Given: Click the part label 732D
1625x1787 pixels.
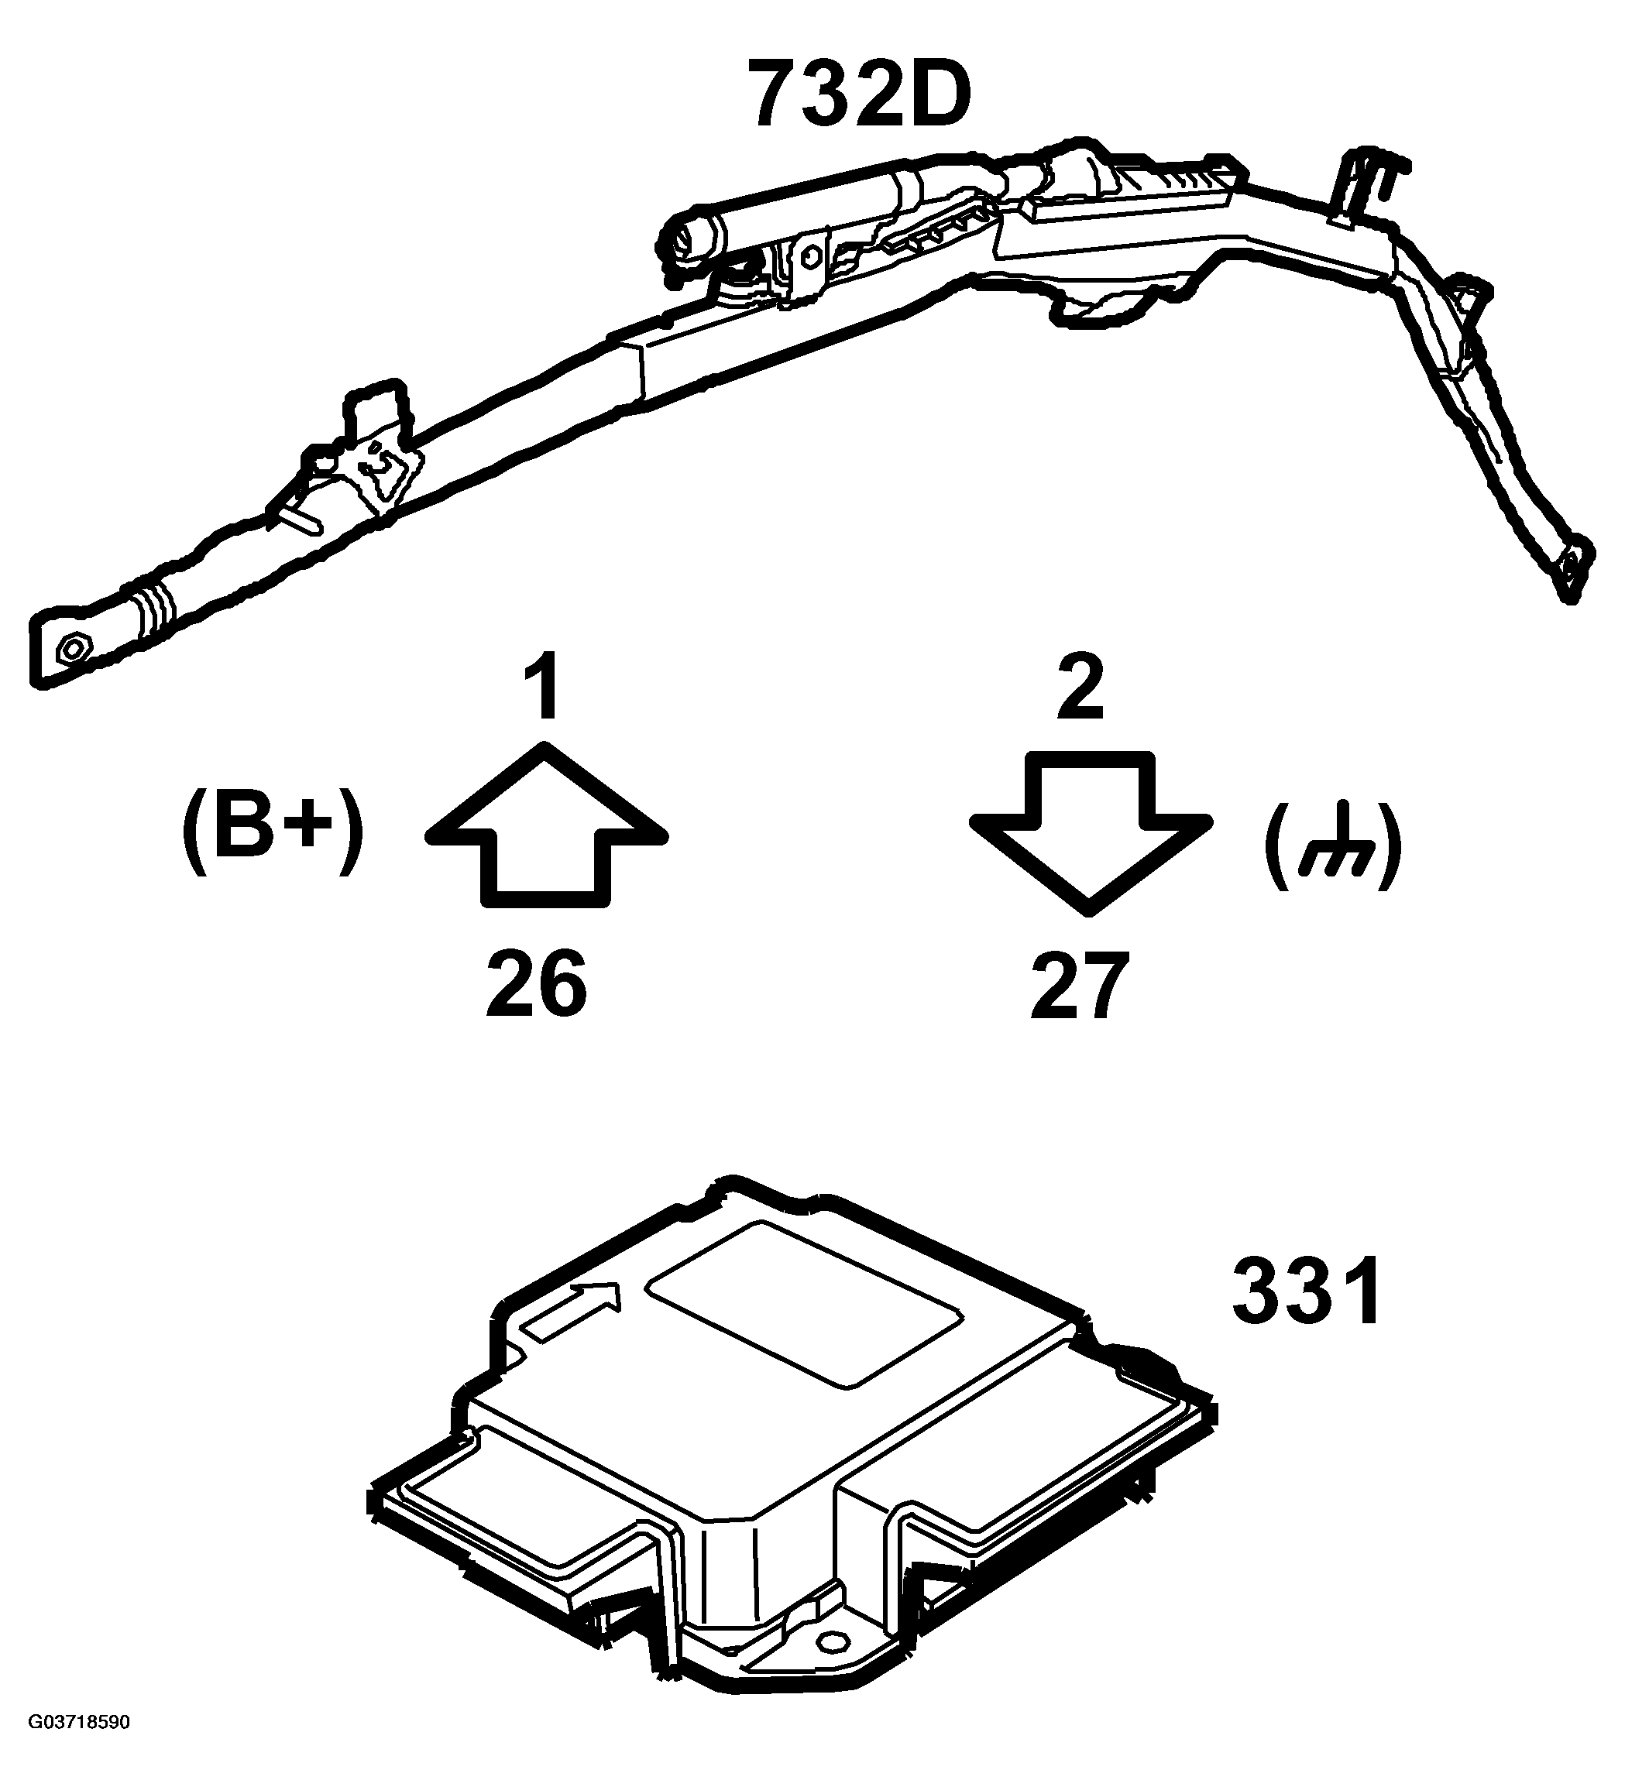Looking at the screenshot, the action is pos(859,93).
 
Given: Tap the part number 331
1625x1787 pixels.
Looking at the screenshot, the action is pos(1306,1291).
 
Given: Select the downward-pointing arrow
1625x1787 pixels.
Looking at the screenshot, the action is pos(1091,833).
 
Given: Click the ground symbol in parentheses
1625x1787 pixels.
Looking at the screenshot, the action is pos(1331,845).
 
